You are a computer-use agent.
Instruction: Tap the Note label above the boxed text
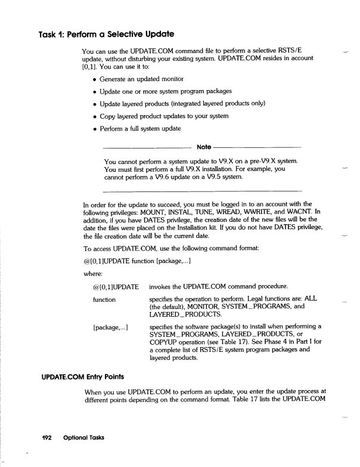tap(203, 147)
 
